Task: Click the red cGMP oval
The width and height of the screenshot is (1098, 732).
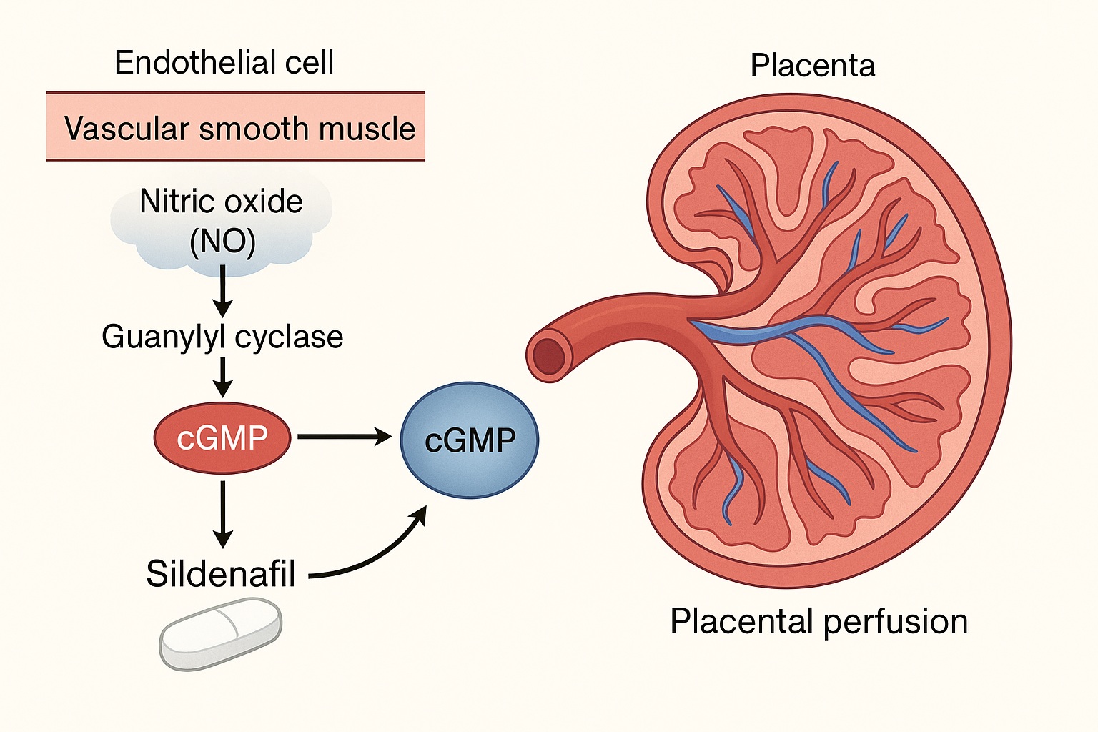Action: [222, 438]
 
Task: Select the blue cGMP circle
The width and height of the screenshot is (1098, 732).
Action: [470, 440]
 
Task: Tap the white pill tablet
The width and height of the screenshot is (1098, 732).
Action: [220, 634]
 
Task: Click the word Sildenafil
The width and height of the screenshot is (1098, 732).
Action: [221, 573]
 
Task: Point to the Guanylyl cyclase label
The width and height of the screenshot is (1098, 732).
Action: [222, 337]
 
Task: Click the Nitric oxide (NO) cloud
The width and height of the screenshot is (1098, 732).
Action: [222, 222]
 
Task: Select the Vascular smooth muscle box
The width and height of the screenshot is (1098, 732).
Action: [236, 127]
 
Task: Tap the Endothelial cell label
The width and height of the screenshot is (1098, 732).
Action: [224, 63]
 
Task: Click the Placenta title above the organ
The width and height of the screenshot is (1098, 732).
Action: [812, 66]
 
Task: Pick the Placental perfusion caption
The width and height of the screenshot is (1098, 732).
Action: [818, 621]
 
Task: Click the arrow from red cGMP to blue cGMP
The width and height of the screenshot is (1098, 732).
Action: [345, 436]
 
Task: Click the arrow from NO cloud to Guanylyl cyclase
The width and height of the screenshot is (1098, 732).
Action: [223, 291]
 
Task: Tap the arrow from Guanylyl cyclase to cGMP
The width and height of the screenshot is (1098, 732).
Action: [223, 377]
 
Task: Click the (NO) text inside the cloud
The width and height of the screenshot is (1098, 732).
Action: [222, 242]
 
